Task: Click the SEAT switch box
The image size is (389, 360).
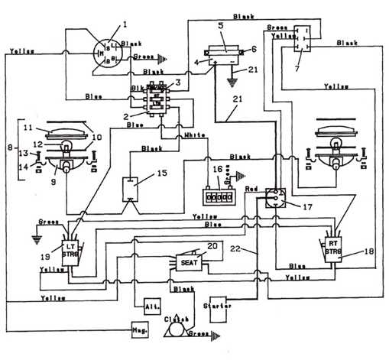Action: point(187,261)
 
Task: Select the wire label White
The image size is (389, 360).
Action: point(195,135)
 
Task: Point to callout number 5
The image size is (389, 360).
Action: point(220,25)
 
